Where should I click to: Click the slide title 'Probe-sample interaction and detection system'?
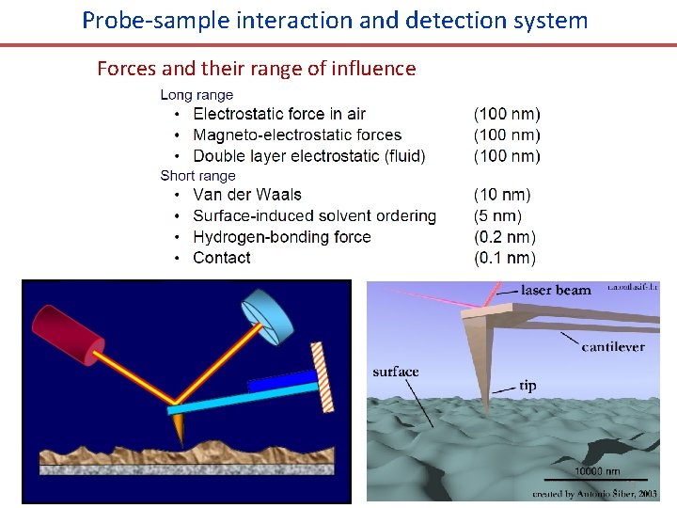[x=335, y=20]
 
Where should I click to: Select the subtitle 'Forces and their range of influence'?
[x=256, y=69]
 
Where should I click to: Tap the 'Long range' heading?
[x=197, y=95]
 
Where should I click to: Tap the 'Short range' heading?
[x=197, y=176]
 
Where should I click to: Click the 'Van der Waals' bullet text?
[x=247, y=196]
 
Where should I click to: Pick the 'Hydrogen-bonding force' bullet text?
[x=281, y=237]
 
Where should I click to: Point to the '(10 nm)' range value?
[x=502, y=196]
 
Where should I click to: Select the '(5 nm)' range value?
[x=497, y=216]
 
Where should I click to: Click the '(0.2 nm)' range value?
[x=505, y=237]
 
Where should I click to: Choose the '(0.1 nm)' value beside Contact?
[x=505, y=258]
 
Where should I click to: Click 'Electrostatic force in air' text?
[x=279, y=115]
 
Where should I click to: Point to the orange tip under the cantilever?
[x=178, y=430]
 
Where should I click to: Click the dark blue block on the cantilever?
[x=282, y=381]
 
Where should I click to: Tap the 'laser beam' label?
[x=556, y=291]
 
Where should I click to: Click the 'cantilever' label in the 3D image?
[x=613, y=347]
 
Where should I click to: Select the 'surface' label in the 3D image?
[x=395, y=372]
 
